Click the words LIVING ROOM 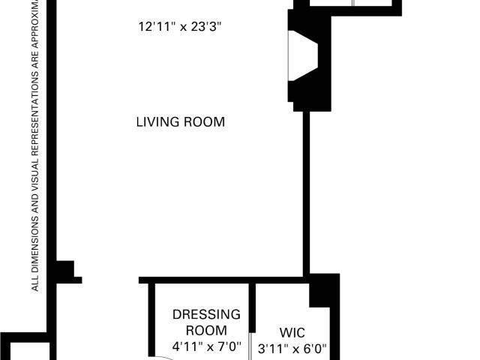[180, 121]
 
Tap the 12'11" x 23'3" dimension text [180, 27]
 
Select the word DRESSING [206, 314]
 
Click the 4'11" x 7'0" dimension [207, 346]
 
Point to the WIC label [292, 333]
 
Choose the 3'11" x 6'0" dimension [292, 349]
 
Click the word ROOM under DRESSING [206, 331]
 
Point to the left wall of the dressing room [151, 320]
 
